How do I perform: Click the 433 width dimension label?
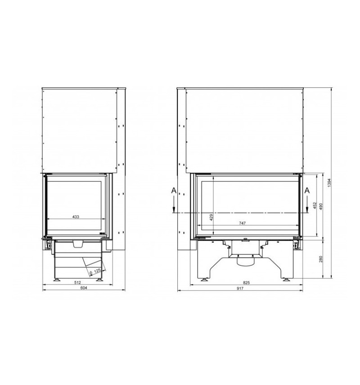(x=76, y=217)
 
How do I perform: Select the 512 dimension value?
(x=77, y=282)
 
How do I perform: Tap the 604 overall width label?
(x=84, y=288)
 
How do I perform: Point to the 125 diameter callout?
(x=95, y=272)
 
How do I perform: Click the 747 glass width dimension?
(x=242, y=223)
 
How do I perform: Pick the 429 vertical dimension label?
(x=211, y=217)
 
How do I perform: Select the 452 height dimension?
(x=315, y=205)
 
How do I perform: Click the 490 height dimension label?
(x=320, y=206)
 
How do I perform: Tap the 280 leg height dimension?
(x=320, y=259)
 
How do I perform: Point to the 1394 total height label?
(x=329, y=183)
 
